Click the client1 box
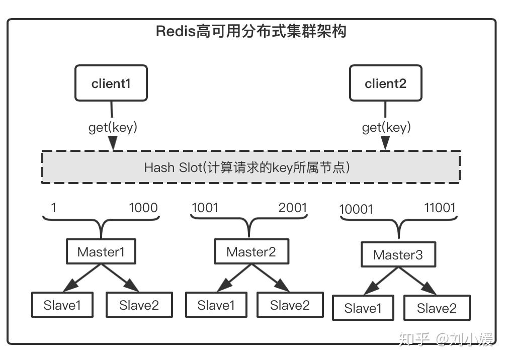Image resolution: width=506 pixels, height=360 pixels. tap(111, 83)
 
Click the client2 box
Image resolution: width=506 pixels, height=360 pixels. tap(385, 83)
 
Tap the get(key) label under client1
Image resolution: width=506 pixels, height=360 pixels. tap(113, 127)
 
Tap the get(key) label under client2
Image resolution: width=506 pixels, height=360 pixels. tap(386, 127)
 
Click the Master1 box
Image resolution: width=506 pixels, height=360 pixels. tap(101, 251)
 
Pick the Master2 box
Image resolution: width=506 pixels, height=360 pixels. tap(251, 251)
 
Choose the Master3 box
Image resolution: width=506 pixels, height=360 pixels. tap(398, 254)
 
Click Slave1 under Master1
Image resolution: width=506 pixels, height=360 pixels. tap(62, 305)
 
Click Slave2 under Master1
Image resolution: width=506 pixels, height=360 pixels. tap(139, 305)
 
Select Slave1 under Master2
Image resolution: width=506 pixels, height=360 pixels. tap(216, 305)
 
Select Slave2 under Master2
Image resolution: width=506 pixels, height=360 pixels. tap(290, 305)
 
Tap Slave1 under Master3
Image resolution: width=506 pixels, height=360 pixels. tap(363, 308)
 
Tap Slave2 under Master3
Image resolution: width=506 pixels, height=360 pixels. tap(437, 308)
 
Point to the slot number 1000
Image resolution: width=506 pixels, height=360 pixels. tap(143, 208)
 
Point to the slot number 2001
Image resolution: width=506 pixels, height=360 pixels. tap(292, 208)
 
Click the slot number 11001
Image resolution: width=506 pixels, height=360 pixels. tap(440, 208)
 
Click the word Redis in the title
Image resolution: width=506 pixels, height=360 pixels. tap(176, 31)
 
